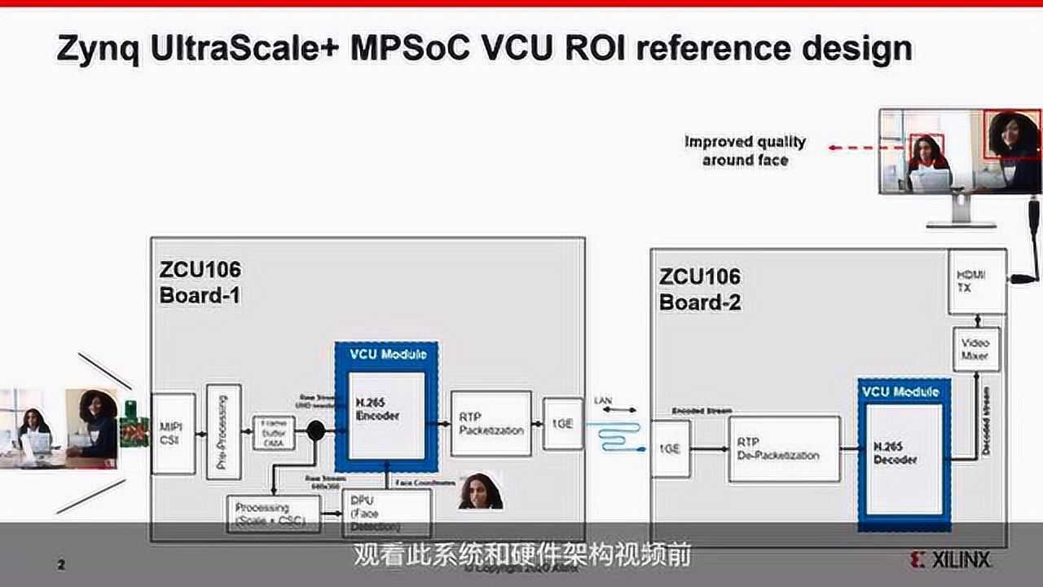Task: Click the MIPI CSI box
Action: tap(173, 433)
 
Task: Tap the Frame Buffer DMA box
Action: tap(273, 431)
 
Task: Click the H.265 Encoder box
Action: tap(385, 415)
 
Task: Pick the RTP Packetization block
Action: tap(491, 423)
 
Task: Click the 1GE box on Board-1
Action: tap(562, 424)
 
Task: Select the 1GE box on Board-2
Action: tap(671, 448)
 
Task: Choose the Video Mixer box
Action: tap(975, 350)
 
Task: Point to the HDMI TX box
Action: tap(976, 281)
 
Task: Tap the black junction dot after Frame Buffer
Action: tap(315, 430)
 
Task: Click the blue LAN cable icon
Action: tap(618, 436)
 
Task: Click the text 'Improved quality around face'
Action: tap(745, 151)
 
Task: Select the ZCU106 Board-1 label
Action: tap(200, 282)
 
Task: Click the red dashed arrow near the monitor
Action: tap(865, 148)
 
